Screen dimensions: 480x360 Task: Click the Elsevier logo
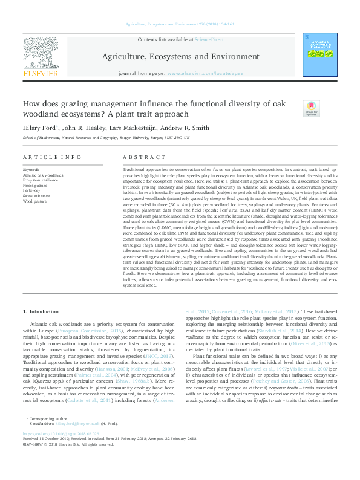41,58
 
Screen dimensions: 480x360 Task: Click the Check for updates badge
311,109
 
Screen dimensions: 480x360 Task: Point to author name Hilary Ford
41,128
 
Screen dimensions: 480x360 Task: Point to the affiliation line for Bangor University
106,138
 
